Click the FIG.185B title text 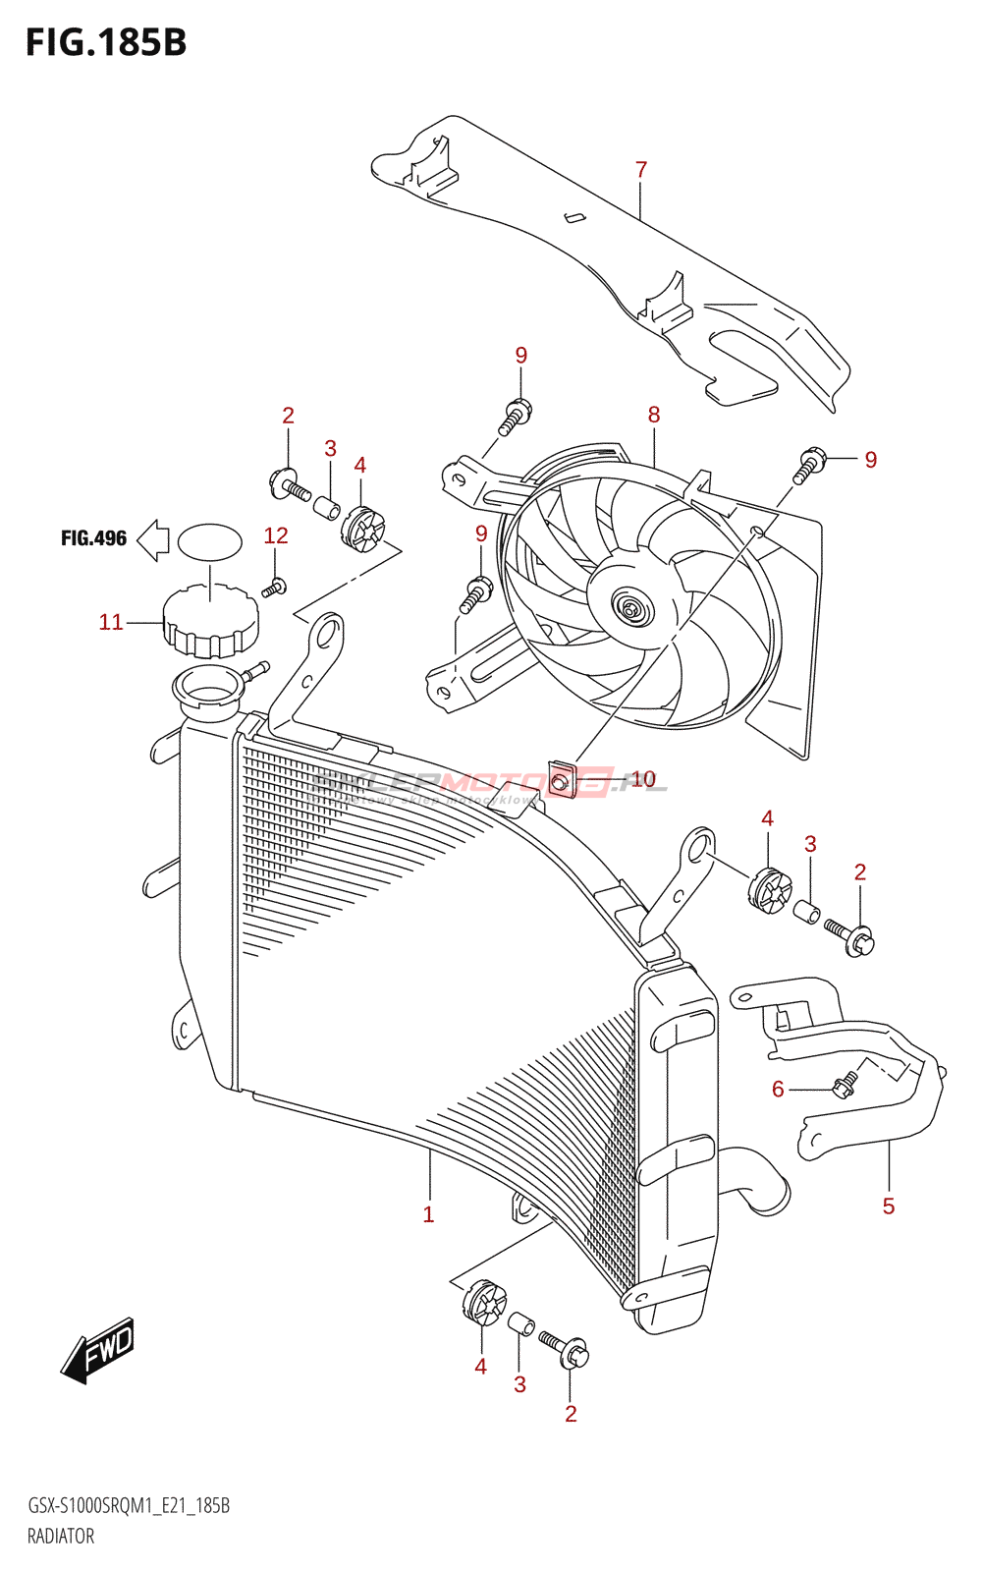pyautogui.click(x=106, y=43)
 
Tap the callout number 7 pyautogui.click(x=641, y=170)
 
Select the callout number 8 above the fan pyautogui.click(x=654, y=415)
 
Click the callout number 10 pyautogui.click(x=643, y=779)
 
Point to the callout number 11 pyautogui.click(x=111, y=622)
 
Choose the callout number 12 pyautogui.click(x=276, y=535)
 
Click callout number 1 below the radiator pyautogui.click(x=428, y=1214)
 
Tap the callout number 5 pyautogui.click(x=889, y=1207)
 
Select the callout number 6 pyautogui.click(x=778, y=1089)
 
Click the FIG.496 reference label pyautogui.click(x=94, y=538)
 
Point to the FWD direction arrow pyautogui.click(x=98, y=1350)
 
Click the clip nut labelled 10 pyautogui.click(x=561, y=779)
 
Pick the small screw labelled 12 pyautogui.click(x=274, y=588)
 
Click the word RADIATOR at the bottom pyautogui.click(x=61, y=1537)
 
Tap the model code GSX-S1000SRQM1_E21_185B pyautogui.click(x=129, y=1506)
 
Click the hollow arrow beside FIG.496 pyautogui.click(x=152, y=539)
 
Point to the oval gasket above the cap pyautogui.click(x=210, y=542)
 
